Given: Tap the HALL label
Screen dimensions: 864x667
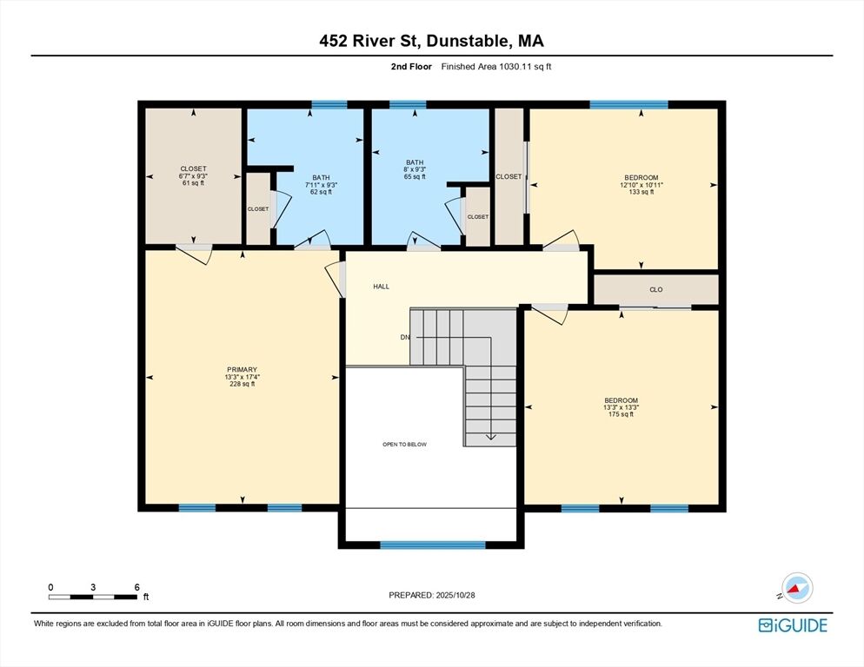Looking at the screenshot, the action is click(x=382, y=287).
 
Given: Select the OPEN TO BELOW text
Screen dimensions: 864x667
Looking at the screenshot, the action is click(x=404, y=445).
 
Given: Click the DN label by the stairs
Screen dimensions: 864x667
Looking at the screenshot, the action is click(x=405, y=337).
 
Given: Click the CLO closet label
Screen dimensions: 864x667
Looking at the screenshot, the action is click(x=655, y=290).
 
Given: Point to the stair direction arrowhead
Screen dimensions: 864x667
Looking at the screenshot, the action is click(x=490, y=438).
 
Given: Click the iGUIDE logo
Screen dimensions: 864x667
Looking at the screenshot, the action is click(x=793, y=625).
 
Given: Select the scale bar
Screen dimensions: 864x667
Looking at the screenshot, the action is click(x=92, y=597).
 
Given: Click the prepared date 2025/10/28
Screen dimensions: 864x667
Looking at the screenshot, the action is click(x=455, y=595).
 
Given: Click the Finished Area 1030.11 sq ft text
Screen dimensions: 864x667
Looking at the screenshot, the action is click(x=496, y=67).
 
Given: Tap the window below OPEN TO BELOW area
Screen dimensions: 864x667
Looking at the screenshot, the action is click(x=433, y=545).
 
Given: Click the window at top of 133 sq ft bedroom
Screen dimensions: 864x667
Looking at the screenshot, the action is click(x=628, y=104).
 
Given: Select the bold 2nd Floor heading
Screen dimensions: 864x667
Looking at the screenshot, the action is click(x=411, y=67).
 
